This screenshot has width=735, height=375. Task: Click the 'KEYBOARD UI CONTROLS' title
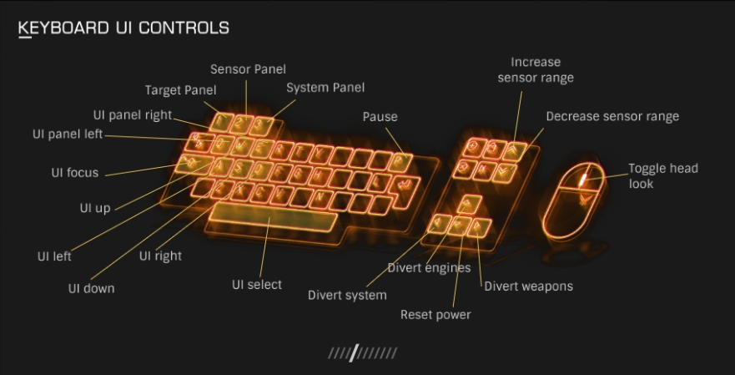click(123, 28)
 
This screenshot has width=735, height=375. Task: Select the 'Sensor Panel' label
click(248, 69)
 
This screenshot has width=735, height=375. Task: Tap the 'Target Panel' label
click(181, 90)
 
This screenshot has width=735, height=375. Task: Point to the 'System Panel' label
click(325, 88)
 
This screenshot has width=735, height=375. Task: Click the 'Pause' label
click(380, 117)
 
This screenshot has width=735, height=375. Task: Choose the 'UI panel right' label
click(133, 115)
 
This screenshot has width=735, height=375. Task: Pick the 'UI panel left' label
click(68, 134)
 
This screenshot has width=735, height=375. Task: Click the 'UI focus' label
click(75, 174)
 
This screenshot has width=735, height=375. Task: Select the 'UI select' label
click(257, 285)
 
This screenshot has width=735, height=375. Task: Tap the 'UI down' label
click(92, 288)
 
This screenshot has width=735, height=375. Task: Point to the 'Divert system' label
click(347, 295)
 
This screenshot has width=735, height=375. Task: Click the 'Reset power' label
click(435, 315)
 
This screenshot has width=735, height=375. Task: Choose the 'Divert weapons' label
click(529, 286)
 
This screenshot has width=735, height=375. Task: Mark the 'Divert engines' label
click(429, 268)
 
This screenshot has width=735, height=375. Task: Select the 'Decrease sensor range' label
click(612, 117)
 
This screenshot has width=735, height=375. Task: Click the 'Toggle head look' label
click(663, 175)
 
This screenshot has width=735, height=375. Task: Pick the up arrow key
click(471, 202)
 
